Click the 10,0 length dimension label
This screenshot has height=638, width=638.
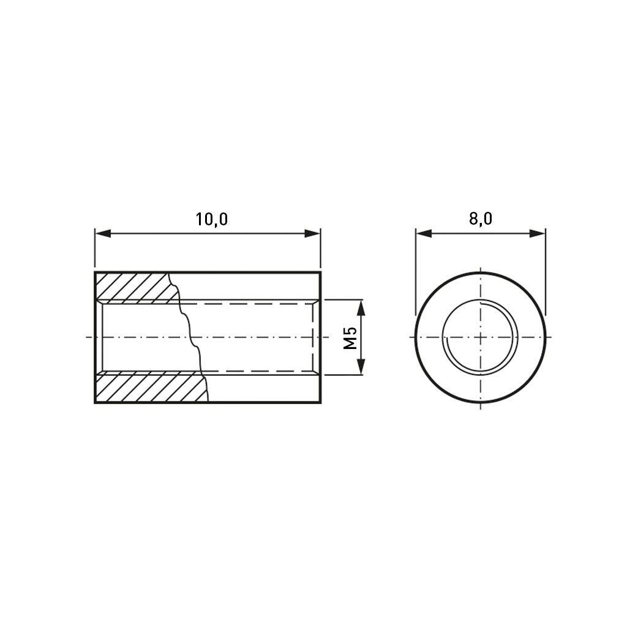[x=212, y=219]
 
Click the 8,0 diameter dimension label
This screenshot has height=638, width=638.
[x=481, y=219]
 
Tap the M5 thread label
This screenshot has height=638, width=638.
[x=350, y=337]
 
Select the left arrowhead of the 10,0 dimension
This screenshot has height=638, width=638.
[x=103, y=233]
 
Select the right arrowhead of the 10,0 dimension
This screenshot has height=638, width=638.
[x=312, y=233]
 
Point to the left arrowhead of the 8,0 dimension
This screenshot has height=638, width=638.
[x=424, y=233]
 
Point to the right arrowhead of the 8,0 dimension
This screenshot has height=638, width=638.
[x=537, y=233]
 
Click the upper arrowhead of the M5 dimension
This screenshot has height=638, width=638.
[x=361, y=307]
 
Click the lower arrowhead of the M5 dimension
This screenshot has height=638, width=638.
[x=361, y=367]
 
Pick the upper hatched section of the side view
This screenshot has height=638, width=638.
[x=134, y=288]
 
